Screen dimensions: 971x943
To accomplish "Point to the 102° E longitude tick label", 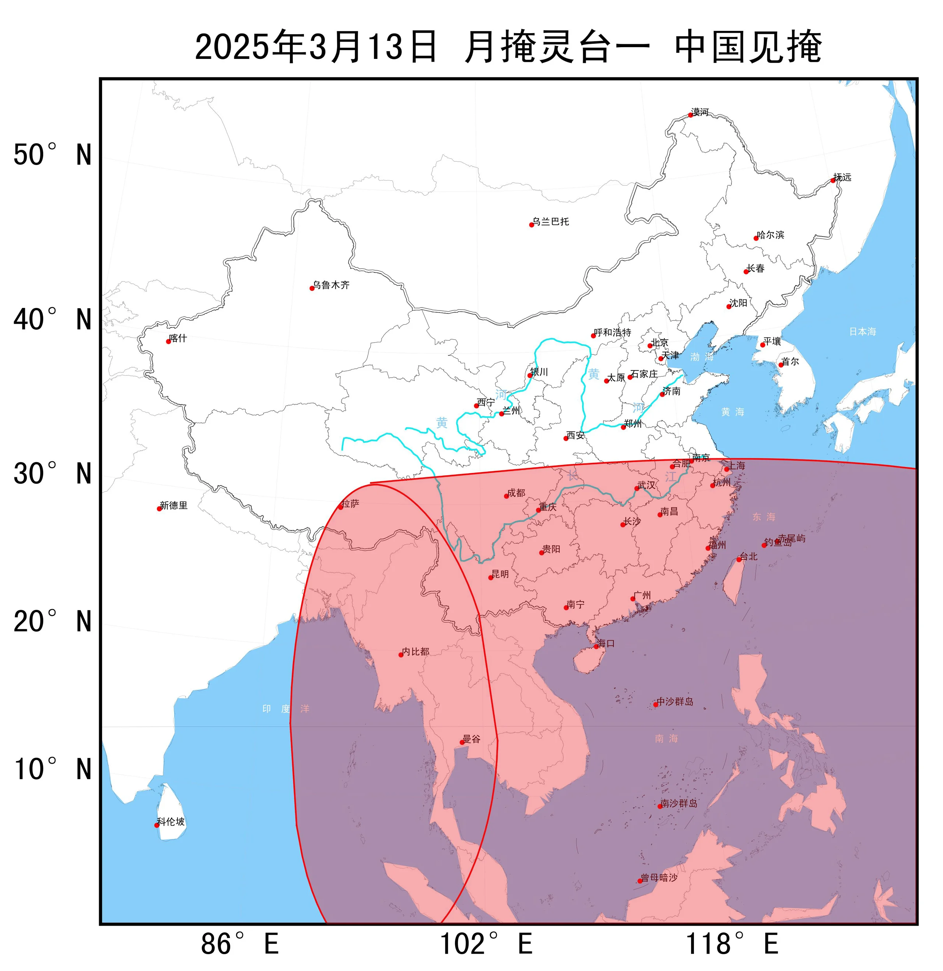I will click(x=485, y=944).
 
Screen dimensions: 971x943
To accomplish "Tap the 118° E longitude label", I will click(x=732, y=944).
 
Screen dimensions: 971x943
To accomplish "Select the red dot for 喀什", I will click(x=168, y=341).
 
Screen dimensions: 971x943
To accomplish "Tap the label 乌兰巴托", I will click(x=551, y=222).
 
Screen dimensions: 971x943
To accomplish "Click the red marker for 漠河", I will click(x=690, y=115).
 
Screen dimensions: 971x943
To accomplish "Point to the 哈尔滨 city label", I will click(x=771, y=235).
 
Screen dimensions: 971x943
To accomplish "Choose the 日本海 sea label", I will click(x=862, y=332).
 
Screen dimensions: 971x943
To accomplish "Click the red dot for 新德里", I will click(x=159, y=509).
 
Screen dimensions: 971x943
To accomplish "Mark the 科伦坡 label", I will click(x=171, y=822).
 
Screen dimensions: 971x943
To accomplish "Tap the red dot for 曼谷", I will click(x=462, y=742).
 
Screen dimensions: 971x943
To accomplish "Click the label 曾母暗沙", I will click(x=659, y=877).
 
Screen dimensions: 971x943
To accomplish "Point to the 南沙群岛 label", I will click(x=679, y=803).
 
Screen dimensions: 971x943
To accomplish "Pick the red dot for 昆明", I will click(x=491, y=578).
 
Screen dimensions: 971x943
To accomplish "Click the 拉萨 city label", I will click(x=350, y=504).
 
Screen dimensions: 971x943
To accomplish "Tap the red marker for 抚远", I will click(x=833, y=180).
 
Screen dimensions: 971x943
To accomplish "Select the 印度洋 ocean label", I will click(x=286, y=709).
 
